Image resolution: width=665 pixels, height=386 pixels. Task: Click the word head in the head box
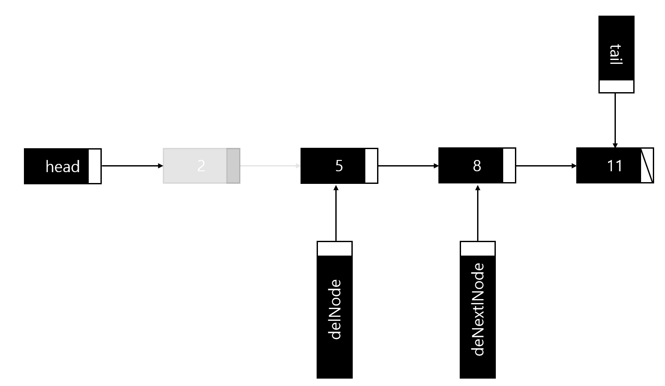[63, 166]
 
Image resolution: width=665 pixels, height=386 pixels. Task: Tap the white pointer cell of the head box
[94, 166]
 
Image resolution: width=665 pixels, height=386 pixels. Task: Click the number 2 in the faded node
[201, 166]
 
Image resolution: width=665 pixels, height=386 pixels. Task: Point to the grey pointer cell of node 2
[233, 166]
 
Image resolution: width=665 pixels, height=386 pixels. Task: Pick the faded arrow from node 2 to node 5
[270, 166]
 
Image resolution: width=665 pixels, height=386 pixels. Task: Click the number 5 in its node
[339, 166]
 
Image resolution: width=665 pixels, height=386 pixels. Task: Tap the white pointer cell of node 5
[371, 166]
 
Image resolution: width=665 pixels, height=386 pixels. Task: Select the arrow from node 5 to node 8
[408, 166]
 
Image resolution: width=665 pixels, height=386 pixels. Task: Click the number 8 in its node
[477, 166]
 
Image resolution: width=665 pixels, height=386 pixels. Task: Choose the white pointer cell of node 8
[509, 166]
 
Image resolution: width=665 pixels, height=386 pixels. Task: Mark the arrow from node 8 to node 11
[546, 166]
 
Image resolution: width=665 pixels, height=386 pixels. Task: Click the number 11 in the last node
[615, 166]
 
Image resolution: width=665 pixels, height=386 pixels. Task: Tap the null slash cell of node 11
[647, 166]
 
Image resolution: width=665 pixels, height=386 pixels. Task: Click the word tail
[616, 54]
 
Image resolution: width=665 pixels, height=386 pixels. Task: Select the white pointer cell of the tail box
[616, 86]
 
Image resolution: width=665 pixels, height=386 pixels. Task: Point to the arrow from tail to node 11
[615, 120]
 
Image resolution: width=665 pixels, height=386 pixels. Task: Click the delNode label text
[335, 309]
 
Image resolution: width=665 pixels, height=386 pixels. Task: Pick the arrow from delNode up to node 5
[335, 213]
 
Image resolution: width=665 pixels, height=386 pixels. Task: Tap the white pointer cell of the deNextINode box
[478, 249]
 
